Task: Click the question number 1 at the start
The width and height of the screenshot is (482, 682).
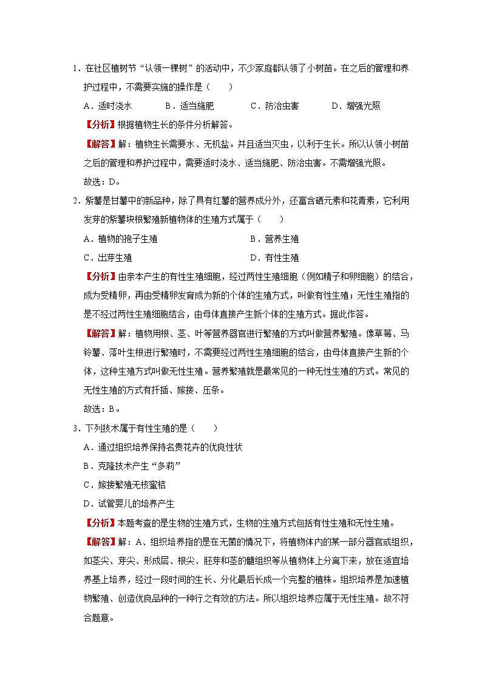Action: pyautogui.click(x=73, y=68)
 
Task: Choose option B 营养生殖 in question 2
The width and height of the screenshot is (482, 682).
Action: pyautogui.click(x=274, y=239)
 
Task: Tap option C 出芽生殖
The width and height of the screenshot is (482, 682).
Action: pyautogui.click(x=107, y=257)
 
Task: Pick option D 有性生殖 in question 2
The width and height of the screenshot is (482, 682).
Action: pyautogui.click(x=274, y=257)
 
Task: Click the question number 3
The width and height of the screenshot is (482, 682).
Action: pyautogui.click(x=73, y=428)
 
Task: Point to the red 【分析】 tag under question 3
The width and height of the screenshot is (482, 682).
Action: pyautogui.click(x=97, y=523)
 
